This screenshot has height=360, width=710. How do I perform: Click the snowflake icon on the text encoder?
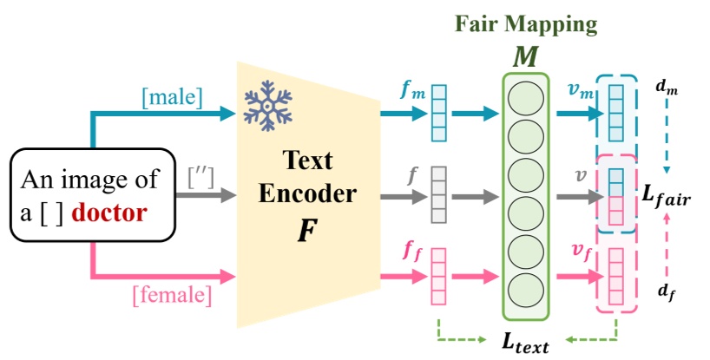click(267, 103)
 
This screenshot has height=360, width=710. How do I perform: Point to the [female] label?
click(172, 295)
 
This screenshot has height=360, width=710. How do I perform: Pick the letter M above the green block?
click(526, 56)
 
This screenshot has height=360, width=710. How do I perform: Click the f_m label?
click(412, 90)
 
